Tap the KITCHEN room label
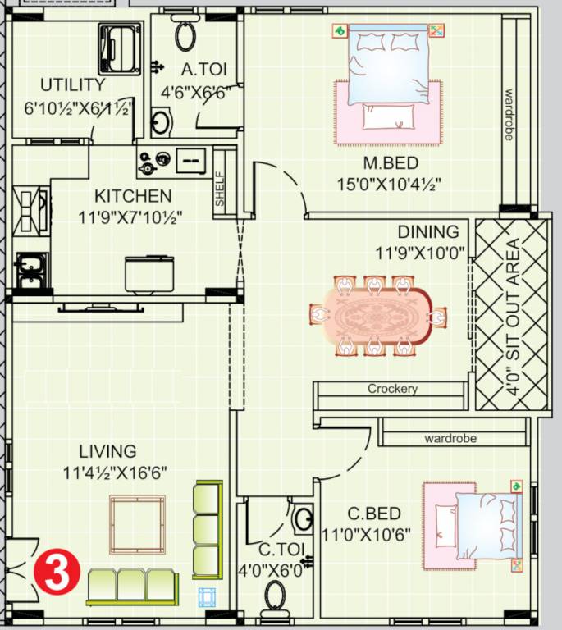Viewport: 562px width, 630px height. (x=133, y=196)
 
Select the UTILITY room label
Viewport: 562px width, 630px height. (x=73, y=84)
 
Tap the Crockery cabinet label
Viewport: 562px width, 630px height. (x=392, y=389)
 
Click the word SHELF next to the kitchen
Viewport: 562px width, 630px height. (x=220, y=189)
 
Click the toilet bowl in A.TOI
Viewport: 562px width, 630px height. (x=186, y=35)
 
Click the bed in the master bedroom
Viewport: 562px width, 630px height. (x=388, y=78)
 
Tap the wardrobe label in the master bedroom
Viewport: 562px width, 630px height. (x=509, y=115)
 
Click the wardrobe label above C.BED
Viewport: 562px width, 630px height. (x=450, y=439)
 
